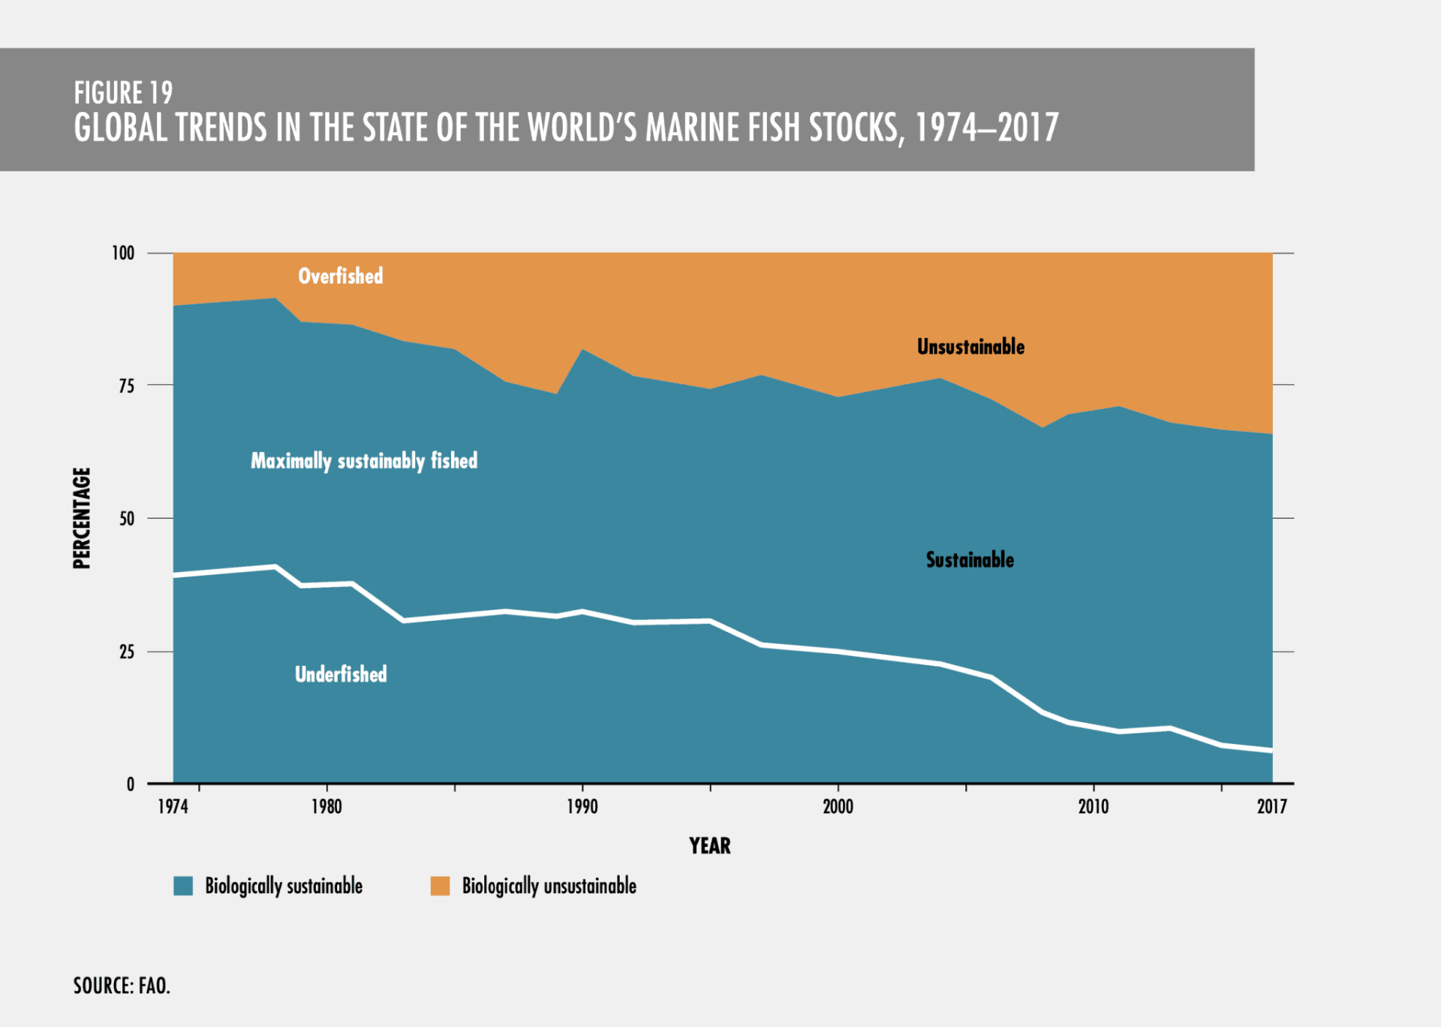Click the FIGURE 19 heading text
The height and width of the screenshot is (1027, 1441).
coord(123,93)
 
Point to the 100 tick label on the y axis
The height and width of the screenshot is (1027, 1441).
coord(123,253)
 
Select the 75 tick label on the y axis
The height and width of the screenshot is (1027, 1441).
coord(127,386)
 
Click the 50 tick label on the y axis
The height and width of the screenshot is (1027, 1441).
coord(127,519)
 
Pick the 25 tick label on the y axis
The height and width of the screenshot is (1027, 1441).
coord(127,652)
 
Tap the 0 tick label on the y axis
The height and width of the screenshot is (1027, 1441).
coord(131,785)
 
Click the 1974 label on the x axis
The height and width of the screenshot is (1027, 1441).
coord(173,806)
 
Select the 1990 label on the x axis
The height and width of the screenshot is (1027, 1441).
coord(582,806)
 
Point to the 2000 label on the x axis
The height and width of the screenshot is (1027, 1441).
coord(838,806)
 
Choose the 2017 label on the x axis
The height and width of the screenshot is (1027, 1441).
coord(1272,806)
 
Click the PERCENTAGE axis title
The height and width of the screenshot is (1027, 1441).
coord(82,518)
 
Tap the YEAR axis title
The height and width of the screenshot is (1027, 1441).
coord(710,846)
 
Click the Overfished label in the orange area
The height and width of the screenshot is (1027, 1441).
coord(341,276)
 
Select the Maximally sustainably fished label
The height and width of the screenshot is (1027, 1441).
coord(364,461)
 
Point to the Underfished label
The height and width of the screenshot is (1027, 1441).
coord(341,674)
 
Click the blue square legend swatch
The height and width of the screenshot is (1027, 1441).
coord(183,886)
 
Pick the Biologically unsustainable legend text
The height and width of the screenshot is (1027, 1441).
coord(549,887)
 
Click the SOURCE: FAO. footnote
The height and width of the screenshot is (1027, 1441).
coord(122,986)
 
